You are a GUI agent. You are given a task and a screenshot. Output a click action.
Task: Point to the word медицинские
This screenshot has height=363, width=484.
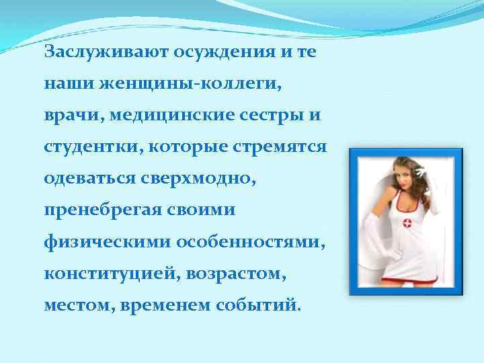click(171, 115)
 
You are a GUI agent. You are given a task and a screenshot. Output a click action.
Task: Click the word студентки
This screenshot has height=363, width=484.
click(83, 146)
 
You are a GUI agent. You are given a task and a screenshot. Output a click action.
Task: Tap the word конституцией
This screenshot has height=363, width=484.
click(103, 272)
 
